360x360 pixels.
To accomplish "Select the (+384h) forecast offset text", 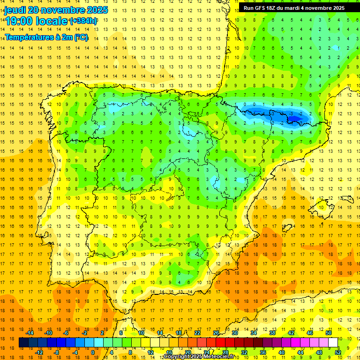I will coord(83,21).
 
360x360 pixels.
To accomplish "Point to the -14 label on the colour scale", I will coord(30,333).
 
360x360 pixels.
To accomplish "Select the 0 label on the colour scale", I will coord(93,352).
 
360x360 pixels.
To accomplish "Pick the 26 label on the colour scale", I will coord(216,333).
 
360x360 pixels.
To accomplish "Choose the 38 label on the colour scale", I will coord(272,333).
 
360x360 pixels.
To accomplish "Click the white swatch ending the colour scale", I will coord(333,343).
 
